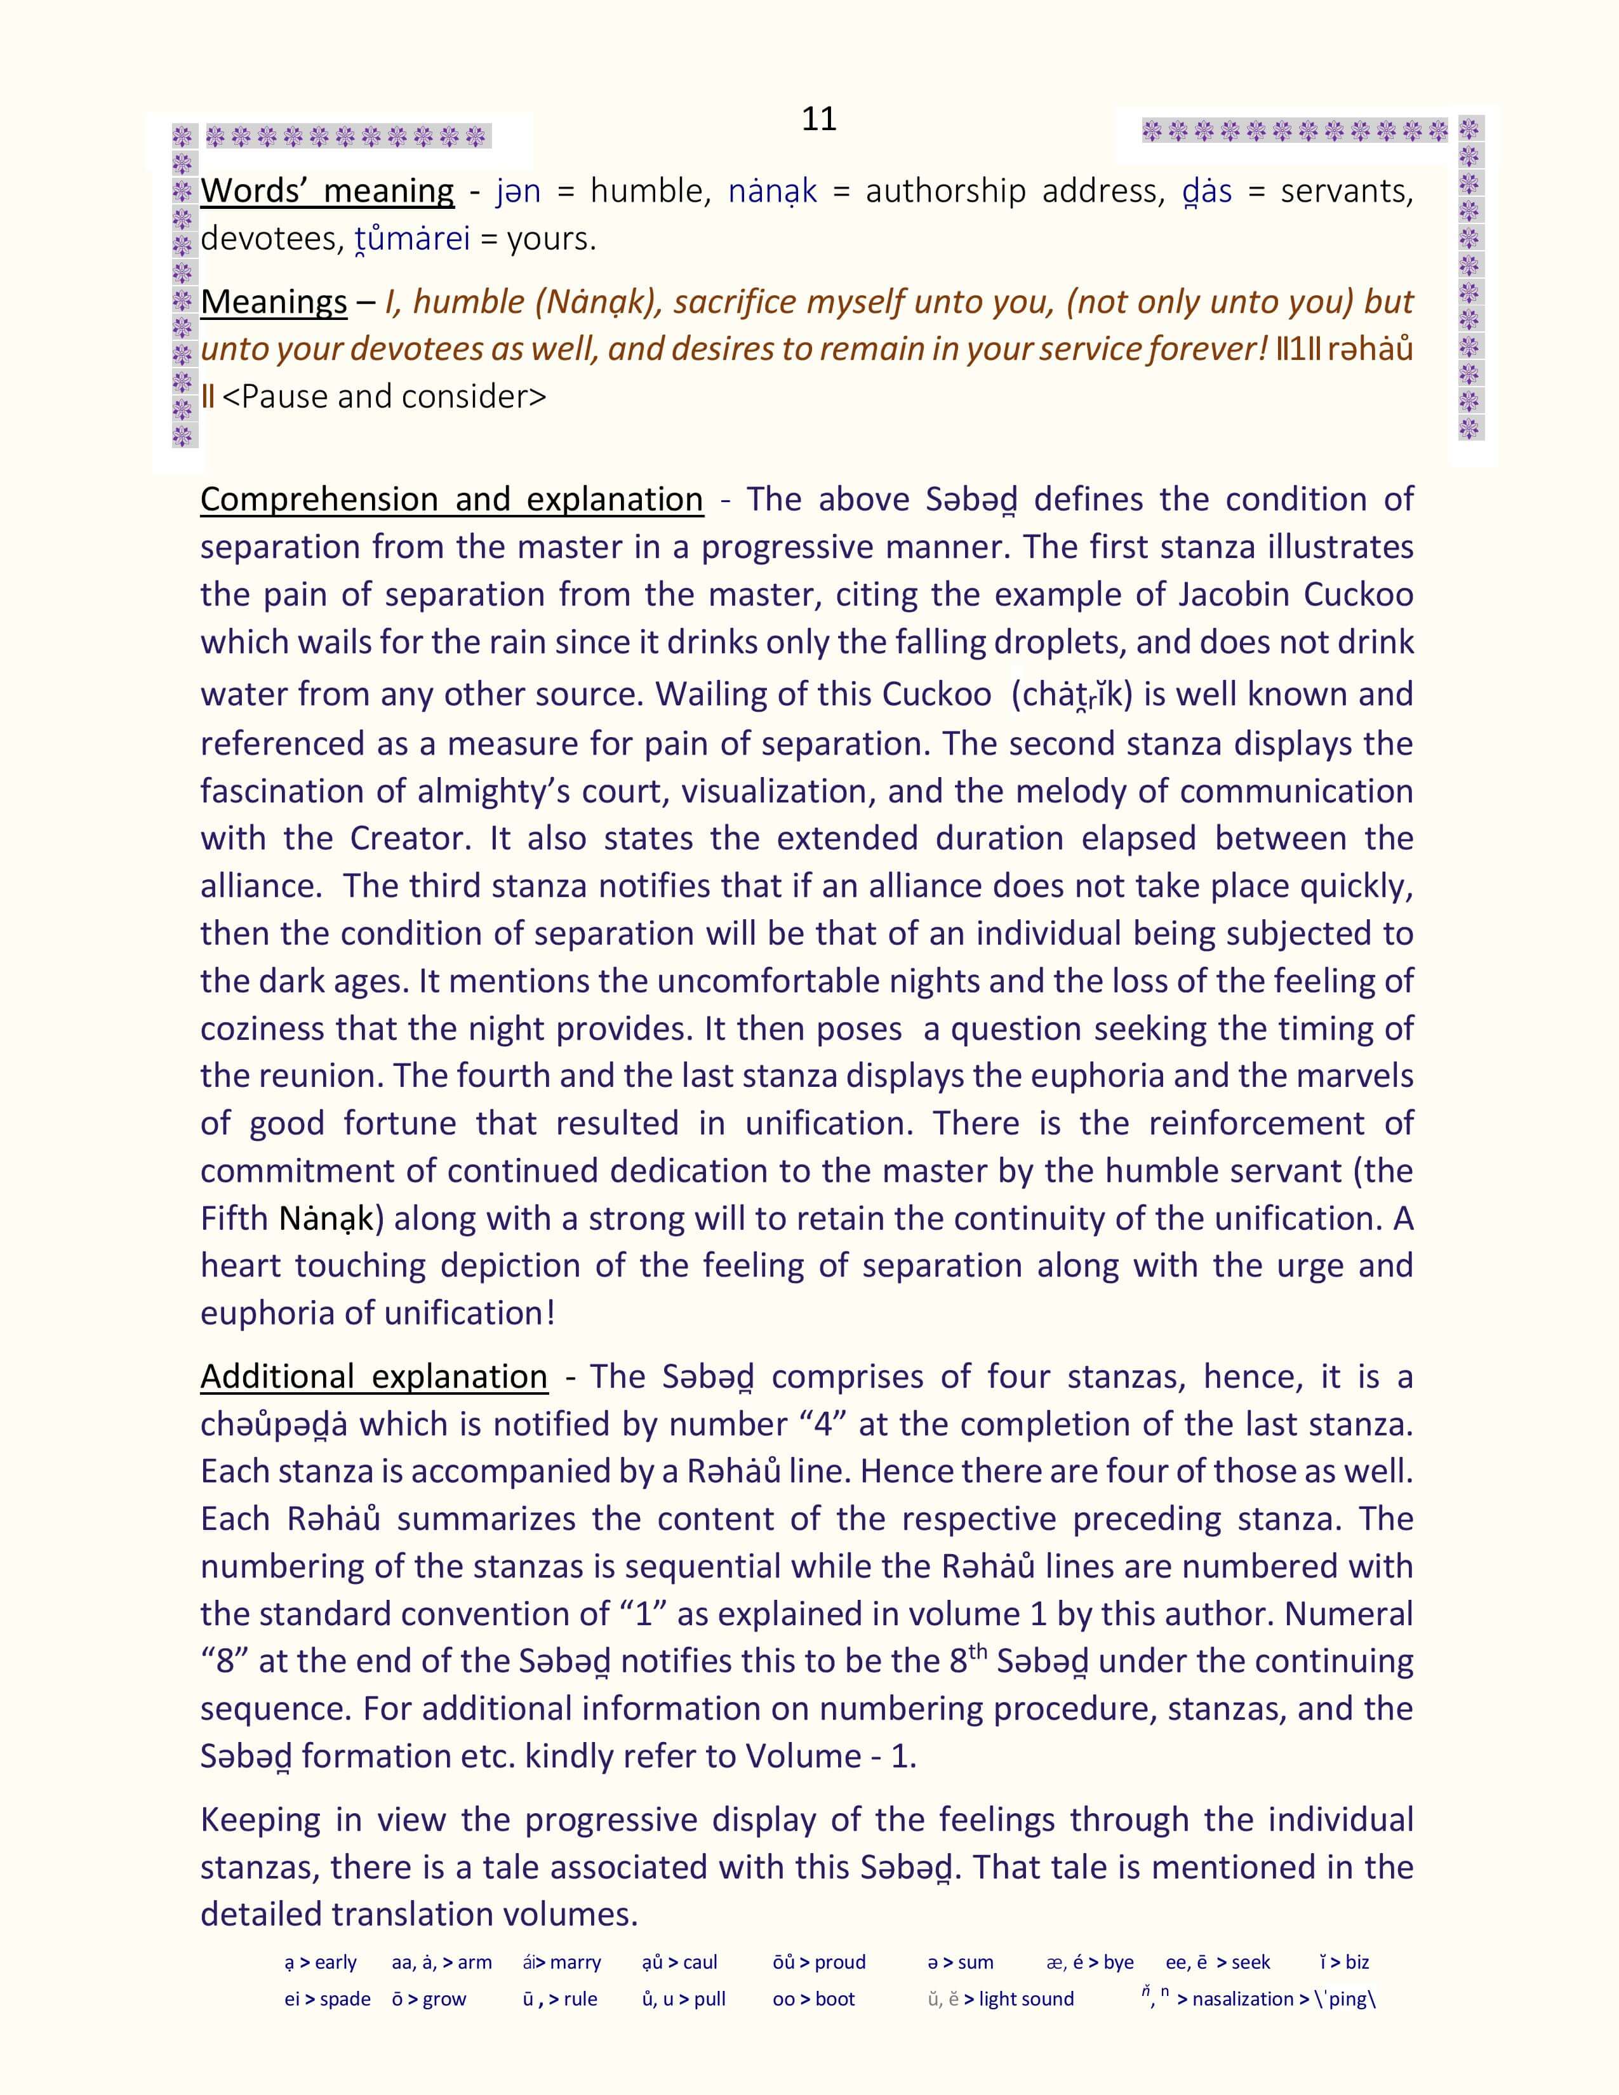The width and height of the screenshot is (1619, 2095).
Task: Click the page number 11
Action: [x=818, y=119]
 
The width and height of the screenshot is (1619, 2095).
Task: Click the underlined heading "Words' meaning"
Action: [x=327, y=191]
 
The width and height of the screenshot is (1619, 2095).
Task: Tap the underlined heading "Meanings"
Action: [x=274, y=302]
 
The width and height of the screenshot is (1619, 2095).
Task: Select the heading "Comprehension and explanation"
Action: [x=452, y=500]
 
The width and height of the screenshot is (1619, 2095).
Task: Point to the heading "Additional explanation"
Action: [x=374, y=1376]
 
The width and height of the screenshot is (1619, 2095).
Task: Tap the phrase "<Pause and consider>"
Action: [x=383, y=396]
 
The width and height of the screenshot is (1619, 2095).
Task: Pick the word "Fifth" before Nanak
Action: [x=234, y=1218]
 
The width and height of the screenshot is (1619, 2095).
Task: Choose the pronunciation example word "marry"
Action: [x=575, y=1962]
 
